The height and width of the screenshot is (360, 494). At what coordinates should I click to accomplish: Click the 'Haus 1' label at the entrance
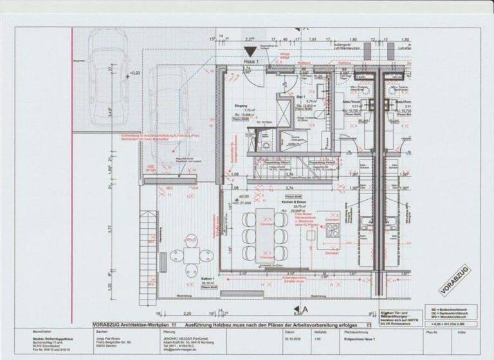point(251,61)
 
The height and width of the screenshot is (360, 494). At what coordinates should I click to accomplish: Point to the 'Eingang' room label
point(241,104)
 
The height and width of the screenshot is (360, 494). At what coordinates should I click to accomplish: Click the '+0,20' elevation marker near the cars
point(134,73)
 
